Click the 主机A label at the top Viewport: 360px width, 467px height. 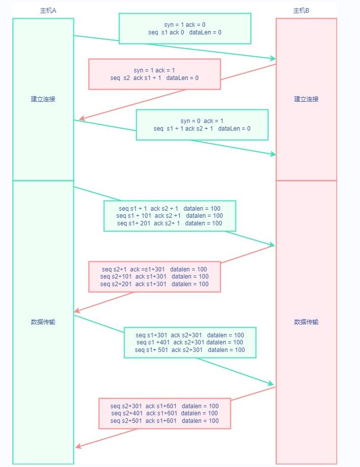(48, 11)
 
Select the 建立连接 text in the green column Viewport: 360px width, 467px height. (43, 99)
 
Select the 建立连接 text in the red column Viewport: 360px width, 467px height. (306, 99)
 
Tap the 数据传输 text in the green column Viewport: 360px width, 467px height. (43, 322)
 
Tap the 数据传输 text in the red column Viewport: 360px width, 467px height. (306, 322)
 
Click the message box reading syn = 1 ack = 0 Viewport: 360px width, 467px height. (185, 28)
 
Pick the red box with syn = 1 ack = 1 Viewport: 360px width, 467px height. (154, 74)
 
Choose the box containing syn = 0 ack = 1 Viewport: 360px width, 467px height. (202, 125)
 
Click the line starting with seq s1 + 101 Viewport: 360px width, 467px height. (170, 216)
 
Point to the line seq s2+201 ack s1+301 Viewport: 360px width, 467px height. (154, 284)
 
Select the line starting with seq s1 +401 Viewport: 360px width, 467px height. (190, 342)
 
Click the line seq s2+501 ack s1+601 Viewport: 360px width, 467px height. (165, 421)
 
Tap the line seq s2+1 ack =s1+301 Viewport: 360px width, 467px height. (154, 269)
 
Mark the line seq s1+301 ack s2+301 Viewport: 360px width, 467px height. (190, 335)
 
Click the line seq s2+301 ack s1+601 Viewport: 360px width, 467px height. (165, 406)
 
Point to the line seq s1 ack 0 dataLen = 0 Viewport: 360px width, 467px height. (185, 32)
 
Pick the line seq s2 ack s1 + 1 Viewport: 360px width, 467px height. (154, 78)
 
